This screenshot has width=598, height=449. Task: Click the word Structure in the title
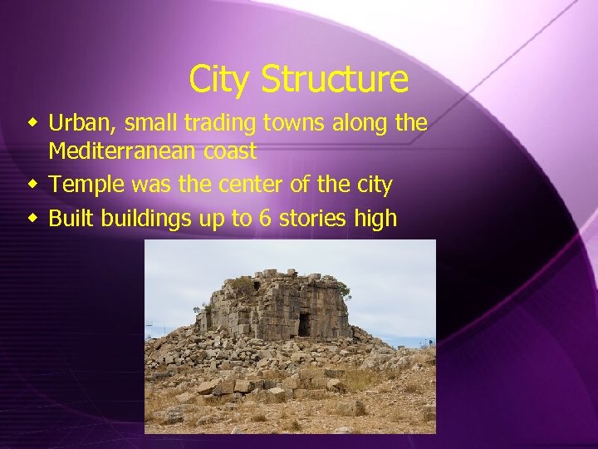(334, 80)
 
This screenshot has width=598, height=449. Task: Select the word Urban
(81, 124)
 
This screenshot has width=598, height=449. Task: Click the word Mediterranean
(118, 151)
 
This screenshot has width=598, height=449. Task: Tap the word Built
(71, 219)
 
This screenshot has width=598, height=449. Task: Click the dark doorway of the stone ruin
(304, 325)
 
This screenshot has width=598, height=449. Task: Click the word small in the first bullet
(150, 124)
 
